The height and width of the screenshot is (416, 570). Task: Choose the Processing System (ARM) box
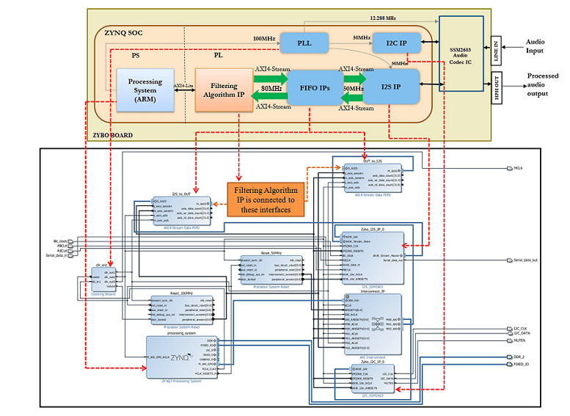point(145,90)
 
